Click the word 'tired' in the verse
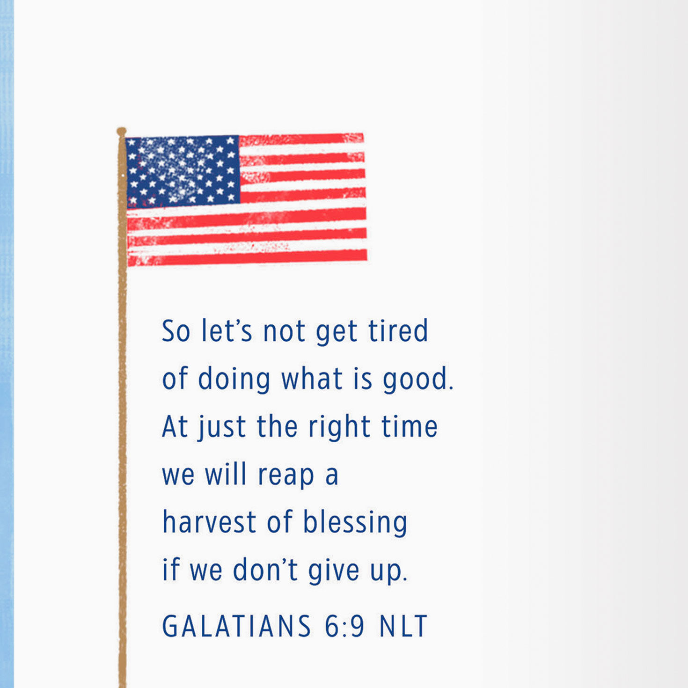[398, 331]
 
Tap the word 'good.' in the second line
[418, 379]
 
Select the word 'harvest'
[209, 522]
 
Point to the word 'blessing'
[355, 522]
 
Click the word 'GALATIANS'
[236, 626]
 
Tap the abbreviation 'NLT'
[403, 626]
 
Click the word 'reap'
[285, 475]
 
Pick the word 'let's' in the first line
[227, 331]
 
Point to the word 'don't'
[265, 570]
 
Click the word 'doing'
[234, 379]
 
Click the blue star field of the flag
[183, 171]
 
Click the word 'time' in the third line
[410, 427]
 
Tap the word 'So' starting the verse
[176, 331]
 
